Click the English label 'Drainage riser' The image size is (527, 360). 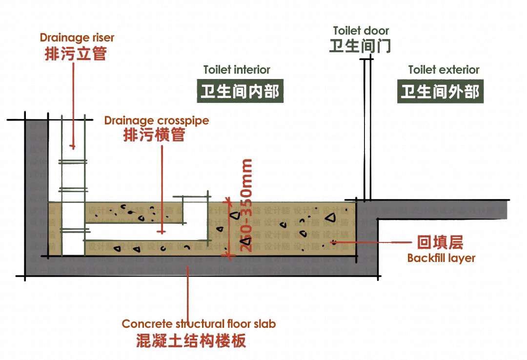click(x=77, y=38)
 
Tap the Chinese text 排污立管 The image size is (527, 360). click(x=76, y=53)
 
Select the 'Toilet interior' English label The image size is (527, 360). click(x=237, y=70)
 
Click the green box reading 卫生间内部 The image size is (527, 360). click(x=240, y=91)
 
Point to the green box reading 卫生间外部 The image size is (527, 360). click(x=440, y=92)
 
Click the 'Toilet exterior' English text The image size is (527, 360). click(x=444, y=70)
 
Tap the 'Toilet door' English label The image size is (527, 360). click(x=361, y=31)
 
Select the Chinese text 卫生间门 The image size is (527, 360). click(x=360, y=46)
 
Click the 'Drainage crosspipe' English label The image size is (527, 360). click(x=157, y=120)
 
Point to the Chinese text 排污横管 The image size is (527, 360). click(x=154, y=135)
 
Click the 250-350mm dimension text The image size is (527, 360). click(x=247, y=205)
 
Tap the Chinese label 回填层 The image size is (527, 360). click(x=440, y=242)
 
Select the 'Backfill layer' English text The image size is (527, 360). click(x=441, y=258)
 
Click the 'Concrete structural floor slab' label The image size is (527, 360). click(x=199, y=324)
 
